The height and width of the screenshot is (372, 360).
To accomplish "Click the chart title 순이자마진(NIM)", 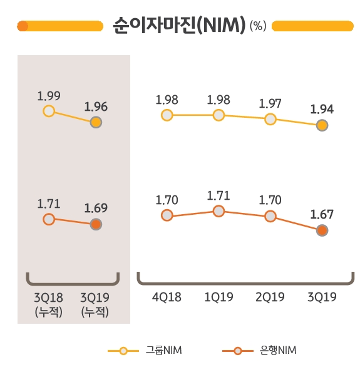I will (178, 26).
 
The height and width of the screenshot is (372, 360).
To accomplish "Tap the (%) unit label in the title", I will (257, 26).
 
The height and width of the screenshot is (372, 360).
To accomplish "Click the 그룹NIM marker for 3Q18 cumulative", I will (49, 111).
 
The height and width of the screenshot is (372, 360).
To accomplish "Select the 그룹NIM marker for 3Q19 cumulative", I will (96, 122).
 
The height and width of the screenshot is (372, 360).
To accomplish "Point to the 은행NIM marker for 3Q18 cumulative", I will (49, 219).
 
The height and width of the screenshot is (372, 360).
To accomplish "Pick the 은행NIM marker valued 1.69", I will (96, 224).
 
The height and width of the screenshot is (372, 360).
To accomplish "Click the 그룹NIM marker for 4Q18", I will (167, 115).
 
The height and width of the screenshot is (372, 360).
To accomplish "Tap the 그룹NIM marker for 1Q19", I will (219, 115).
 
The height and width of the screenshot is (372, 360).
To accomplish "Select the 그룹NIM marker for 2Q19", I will (270, 119).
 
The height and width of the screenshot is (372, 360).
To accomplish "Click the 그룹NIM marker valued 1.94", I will (322, 125).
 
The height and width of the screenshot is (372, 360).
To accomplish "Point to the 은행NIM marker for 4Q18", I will (167, 215).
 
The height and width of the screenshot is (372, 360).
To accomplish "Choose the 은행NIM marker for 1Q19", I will (219, 211).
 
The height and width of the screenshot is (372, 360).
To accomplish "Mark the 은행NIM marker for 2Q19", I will (270, 216).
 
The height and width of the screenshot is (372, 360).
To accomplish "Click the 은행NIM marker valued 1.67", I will (322, 230).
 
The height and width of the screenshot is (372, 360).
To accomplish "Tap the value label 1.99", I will (49, 96).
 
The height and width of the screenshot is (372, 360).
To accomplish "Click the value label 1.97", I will (270, 102).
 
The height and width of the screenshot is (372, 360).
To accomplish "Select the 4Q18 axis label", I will (167, 297).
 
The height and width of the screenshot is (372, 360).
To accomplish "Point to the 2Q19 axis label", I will (270, 297).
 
